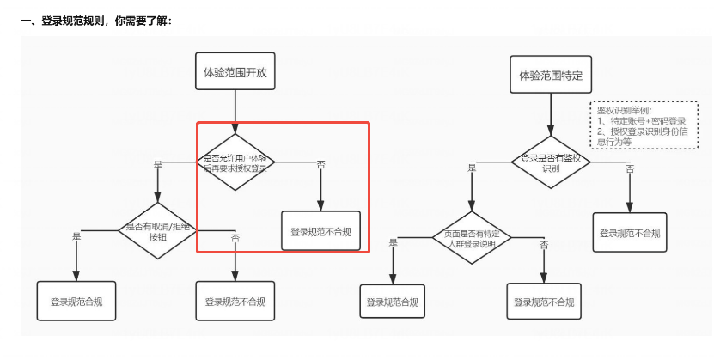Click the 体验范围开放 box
pos(235,73)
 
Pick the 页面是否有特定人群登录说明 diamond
pos(471,237)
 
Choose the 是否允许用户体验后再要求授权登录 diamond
pos(235,161)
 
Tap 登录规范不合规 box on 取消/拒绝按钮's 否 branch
pos(235,302)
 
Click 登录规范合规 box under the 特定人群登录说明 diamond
pos(393,302)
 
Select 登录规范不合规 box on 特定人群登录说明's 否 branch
pos(543,302)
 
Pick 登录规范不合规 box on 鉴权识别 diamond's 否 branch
pos(630,233)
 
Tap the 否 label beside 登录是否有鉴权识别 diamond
pos(630,169)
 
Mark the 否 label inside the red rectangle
pos(320,164)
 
